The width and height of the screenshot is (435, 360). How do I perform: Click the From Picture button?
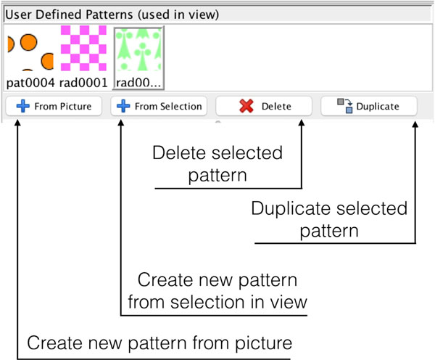point(54,106)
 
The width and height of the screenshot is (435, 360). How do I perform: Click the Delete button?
point(264,106)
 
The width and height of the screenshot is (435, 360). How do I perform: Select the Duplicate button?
point(369,106)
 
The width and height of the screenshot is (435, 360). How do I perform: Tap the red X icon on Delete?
point(246,106)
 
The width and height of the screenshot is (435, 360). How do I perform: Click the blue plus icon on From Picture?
point(23,106)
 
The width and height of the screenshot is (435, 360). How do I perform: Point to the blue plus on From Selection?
point(123,106)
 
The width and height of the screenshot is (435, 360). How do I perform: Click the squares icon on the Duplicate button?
point(345,106)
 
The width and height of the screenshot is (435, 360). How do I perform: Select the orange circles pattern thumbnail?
point(30,49)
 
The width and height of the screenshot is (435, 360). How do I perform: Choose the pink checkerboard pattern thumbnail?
point(83,49)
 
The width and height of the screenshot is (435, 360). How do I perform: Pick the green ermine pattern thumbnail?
point(138,49)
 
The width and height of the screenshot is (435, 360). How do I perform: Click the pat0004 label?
point(30,83)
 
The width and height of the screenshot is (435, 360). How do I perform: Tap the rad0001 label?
point(83,83)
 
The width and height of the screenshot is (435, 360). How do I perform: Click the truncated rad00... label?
point(138,83)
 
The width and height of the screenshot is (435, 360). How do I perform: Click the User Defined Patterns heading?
point(112,15)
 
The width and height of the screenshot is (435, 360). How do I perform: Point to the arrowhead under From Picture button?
point(17,123)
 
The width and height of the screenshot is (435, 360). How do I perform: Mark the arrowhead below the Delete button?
point(302,123)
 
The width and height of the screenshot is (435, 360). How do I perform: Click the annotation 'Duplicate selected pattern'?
point(329,219)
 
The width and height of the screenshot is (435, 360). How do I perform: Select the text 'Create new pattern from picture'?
point(159,343)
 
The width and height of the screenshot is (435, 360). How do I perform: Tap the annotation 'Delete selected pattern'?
point(217,164)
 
